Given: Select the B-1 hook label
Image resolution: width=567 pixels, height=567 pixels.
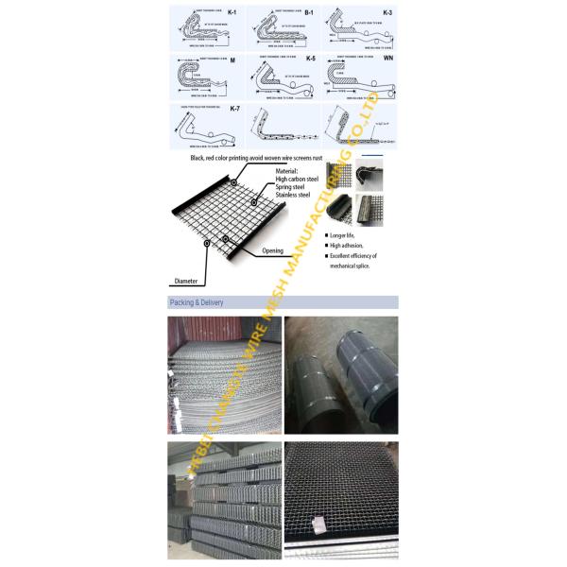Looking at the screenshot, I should [307, 13].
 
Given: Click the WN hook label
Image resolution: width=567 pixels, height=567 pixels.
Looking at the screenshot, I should [387, 60].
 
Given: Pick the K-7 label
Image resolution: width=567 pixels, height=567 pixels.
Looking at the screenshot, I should [232, 110].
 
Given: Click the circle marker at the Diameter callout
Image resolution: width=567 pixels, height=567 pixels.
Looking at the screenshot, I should [206, 243].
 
